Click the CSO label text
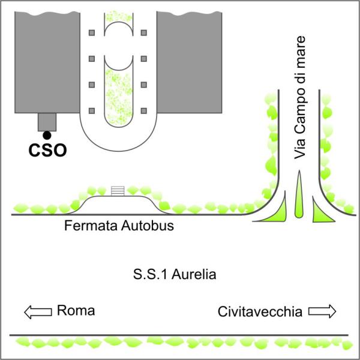tap(47, 151)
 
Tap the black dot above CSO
tap(47, 135)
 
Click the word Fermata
tap(91, 226)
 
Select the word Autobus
tap(148, 226)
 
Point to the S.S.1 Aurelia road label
tap(175, 274)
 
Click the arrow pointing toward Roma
tap(38, 312)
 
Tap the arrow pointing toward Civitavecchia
tap(322, 311)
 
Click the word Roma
tap(76, 310)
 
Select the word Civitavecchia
tap(260, 312)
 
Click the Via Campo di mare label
tap(300, 97)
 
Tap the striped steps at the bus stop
tap(118, 191)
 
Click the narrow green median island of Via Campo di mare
tap(299, 194)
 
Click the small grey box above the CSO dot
tap(47, 122)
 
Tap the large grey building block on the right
tap(189, 62)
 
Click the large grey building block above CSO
tap(47, 62)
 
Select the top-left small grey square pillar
tap(92, 33)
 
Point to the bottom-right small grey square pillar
tap(144, 111)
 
